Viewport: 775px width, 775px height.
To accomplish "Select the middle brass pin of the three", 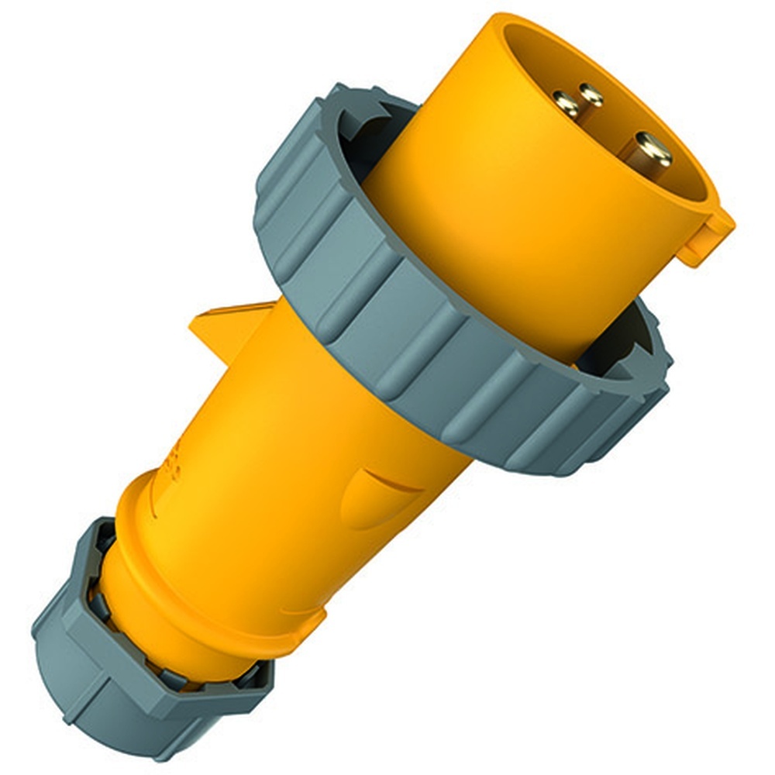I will (x=591, y=95).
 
